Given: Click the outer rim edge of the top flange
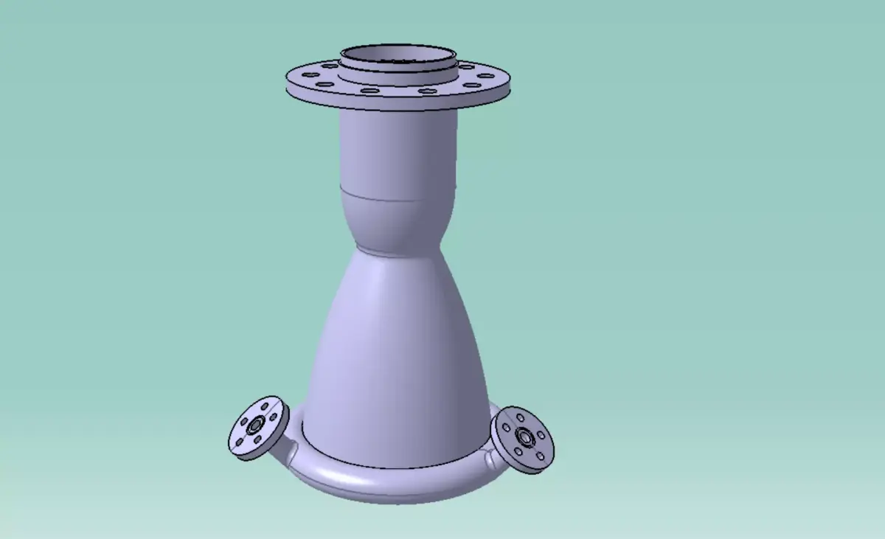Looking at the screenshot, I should pos(398,104).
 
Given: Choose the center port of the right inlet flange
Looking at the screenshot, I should pos(524,436).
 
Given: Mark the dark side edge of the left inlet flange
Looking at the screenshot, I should pos(243,453).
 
